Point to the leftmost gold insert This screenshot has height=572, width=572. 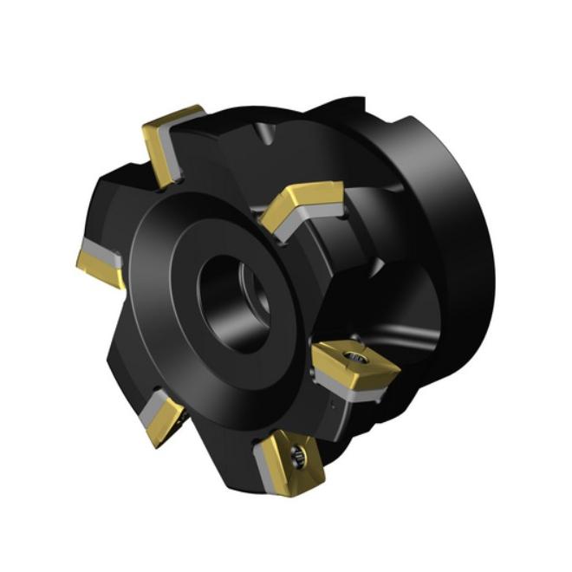[100, 260]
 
